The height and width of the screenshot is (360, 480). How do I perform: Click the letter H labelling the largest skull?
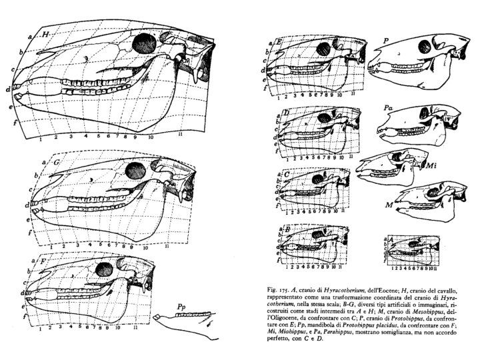(x=46, y=33)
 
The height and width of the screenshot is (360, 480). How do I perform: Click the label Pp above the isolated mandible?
(x=181, y=308)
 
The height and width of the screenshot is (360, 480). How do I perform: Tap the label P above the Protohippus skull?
(x=387, y=41)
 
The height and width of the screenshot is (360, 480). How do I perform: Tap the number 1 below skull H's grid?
(x=41, y=139)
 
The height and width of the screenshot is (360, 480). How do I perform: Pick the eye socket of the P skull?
(x=423, y=48)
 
